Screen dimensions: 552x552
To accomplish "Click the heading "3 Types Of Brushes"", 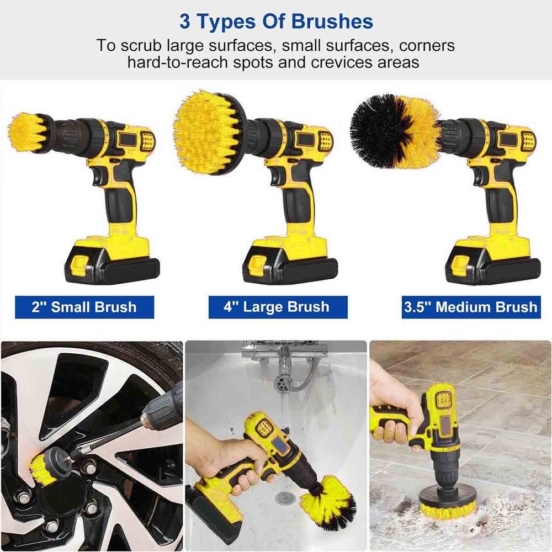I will coord(276,22).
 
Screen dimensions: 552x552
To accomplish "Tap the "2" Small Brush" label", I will coord(84,307).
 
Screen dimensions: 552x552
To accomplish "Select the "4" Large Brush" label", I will coord(278,307).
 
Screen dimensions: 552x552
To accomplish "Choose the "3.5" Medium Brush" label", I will coord(470,307).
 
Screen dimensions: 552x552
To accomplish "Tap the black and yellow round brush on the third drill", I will coord(395,131).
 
